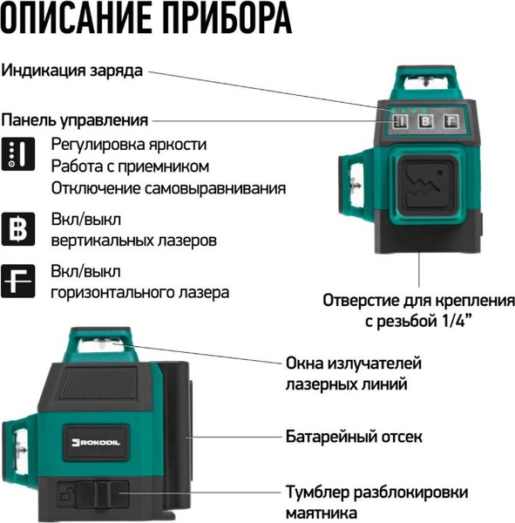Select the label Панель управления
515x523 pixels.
coord(75,119)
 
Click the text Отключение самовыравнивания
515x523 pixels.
coord(168,187)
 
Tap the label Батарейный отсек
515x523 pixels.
coord(354,434)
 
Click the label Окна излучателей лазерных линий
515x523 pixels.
coord(353,372)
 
